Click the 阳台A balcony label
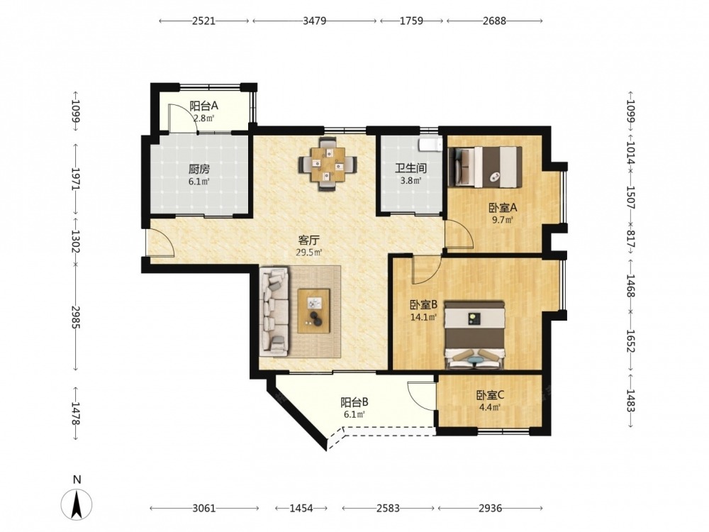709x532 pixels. point(203,106)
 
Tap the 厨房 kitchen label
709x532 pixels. point(199,170)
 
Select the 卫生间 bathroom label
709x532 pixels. point(411,168)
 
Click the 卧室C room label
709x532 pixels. point(490,395)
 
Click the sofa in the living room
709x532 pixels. point(274,311)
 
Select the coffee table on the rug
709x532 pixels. point(314,311)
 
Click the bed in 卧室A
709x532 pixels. point(485,167)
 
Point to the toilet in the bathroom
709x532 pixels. point(430,144)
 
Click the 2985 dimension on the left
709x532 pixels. point(76,318)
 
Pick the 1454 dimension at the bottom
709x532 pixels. point(301,509)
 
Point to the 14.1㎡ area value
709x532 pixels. point(423,317)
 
